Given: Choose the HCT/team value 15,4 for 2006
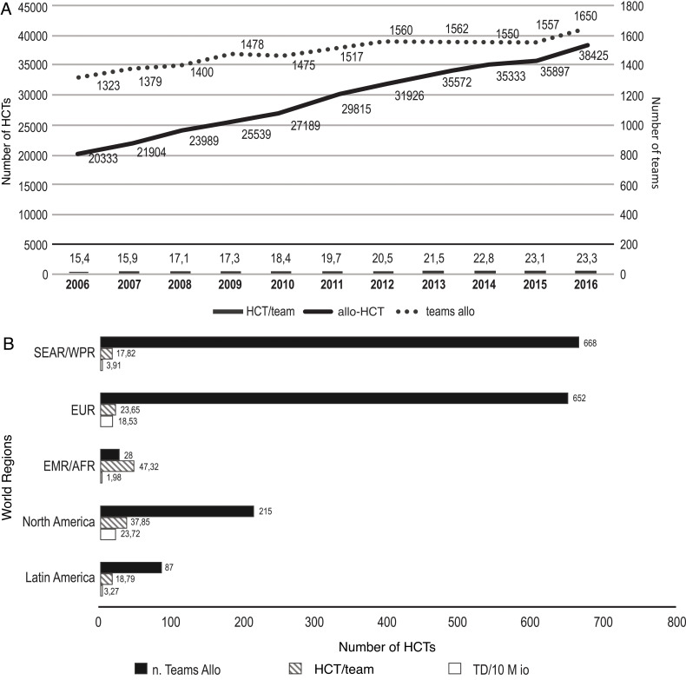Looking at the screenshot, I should [x=80, y=258].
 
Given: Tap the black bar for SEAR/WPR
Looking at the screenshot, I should [x=339, y=342].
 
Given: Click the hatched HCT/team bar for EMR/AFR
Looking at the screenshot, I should [x=116, y=465].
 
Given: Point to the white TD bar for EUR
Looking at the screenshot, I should [x=107, y=421].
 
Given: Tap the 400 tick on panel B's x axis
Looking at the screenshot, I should [x=387, y=623].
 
